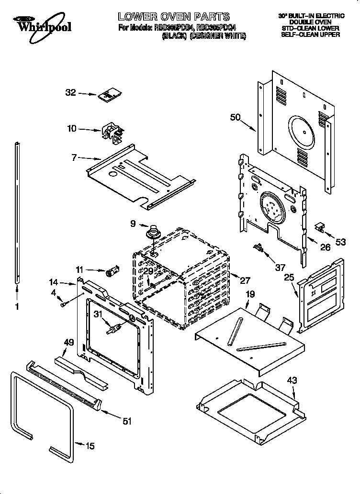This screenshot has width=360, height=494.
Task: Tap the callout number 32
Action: point(71,93)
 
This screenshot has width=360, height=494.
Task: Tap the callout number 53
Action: point(340,242)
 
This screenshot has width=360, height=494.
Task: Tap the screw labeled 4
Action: point(63,303)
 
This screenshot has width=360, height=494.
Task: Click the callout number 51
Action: point(126,421)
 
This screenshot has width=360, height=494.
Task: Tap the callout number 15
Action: point(90,446)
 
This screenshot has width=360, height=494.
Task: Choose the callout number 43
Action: point(292,381)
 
